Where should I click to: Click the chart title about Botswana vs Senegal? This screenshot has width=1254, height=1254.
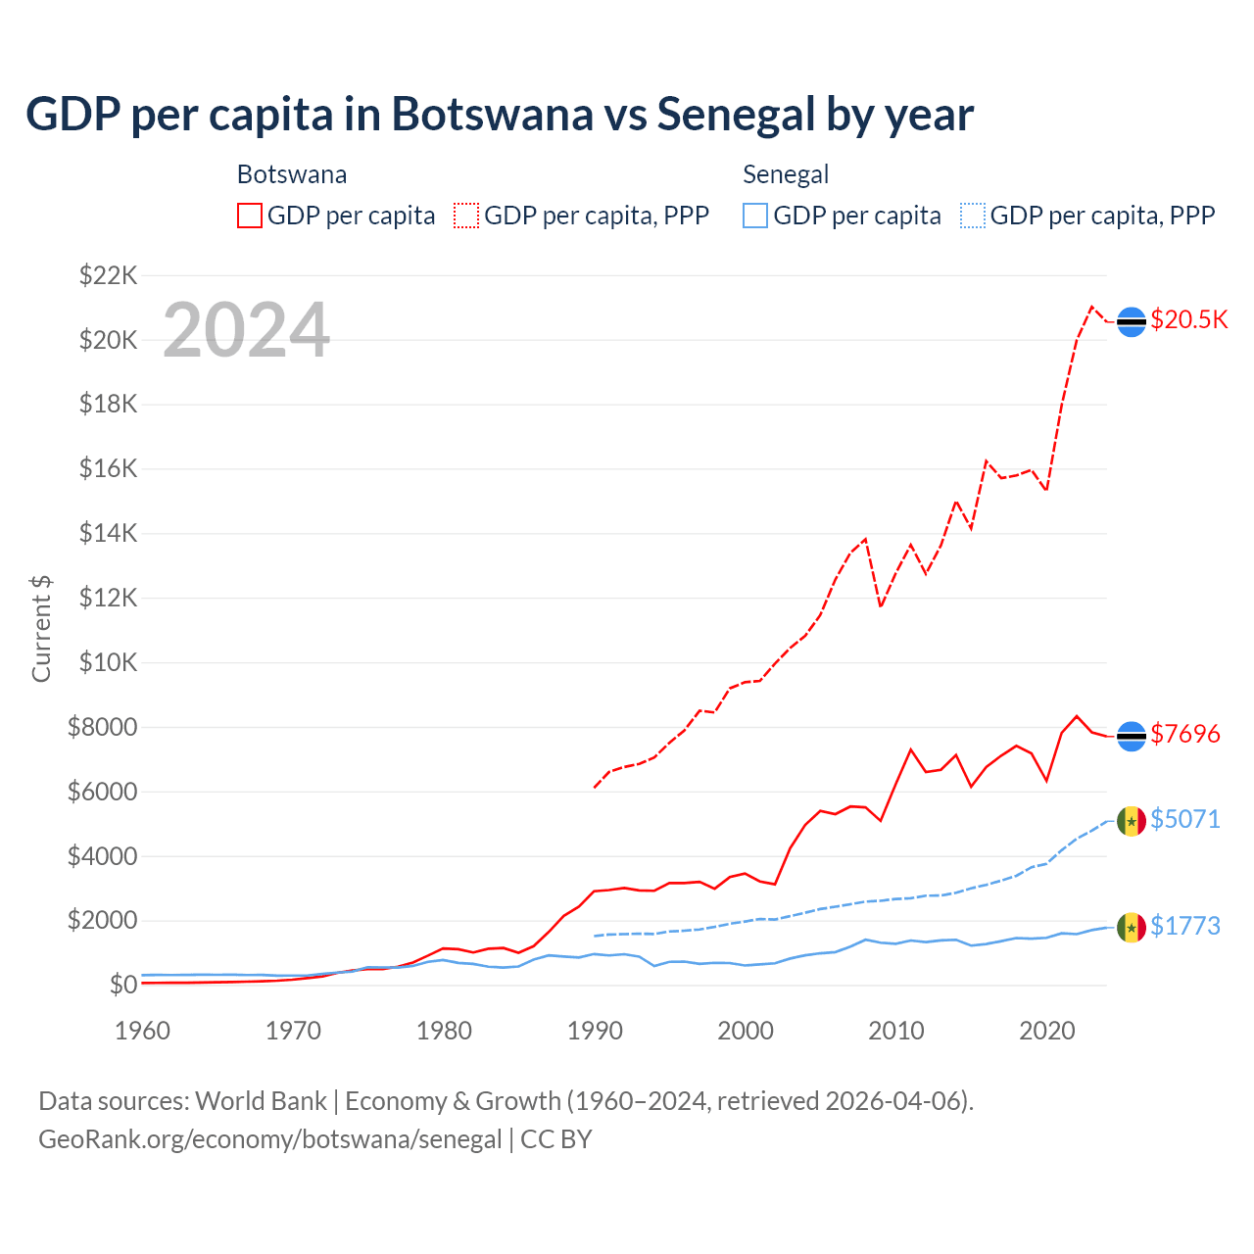(x=500, y=114)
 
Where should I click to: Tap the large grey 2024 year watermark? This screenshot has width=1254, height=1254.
(x=246, y=330)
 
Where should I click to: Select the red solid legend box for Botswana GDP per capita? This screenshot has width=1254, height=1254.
(x=250, y=216)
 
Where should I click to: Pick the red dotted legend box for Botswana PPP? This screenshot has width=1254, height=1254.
(x=466, y=216)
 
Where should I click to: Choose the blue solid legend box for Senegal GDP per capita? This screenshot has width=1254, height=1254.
(x=755, y=216)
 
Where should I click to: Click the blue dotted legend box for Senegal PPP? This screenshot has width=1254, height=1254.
(x=973, y=216)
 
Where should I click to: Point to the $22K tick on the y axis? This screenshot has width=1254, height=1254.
(x=108, y=275)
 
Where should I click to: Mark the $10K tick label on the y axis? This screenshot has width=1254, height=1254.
(x=108, y=662)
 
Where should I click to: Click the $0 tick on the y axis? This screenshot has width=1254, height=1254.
(x=122, y=985)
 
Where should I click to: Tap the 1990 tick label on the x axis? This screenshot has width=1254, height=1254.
(x=595, y=1031)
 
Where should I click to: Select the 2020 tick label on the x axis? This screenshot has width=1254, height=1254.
(x=1047, y=1031)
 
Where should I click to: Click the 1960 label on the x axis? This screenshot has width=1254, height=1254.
(x=143, y=1031)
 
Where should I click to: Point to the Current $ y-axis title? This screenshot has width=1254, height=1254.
(x=41, y=629)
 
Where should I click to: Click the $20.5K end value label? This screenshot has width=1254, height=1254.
(x=1188, y=320)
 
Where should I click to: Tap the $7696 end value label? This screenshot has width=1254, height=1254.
(x=1185, y=734)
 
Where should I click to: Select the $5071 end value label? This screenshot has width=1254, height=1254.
(x=1185, y=819)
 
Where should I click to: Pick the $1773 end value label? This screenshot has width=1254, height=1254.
(x=1185, y=926)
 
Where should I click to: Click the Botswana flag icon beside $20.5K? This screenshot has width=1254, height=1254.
(x=1132, y=321)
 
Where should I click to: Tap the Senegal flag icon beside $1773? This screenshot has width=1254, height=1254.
(x=1132, y=927)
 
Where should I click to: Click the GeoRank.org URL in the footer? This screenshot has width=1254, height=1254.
(x=269, y=1139)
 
